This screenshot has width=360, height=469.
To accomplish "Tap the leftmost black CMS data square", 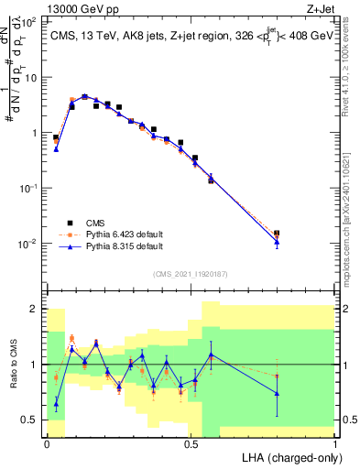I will click(x=56, y=137).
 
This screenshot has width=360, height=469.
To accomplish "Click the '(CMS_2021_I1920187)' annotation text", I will click(x=191, y=273).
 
